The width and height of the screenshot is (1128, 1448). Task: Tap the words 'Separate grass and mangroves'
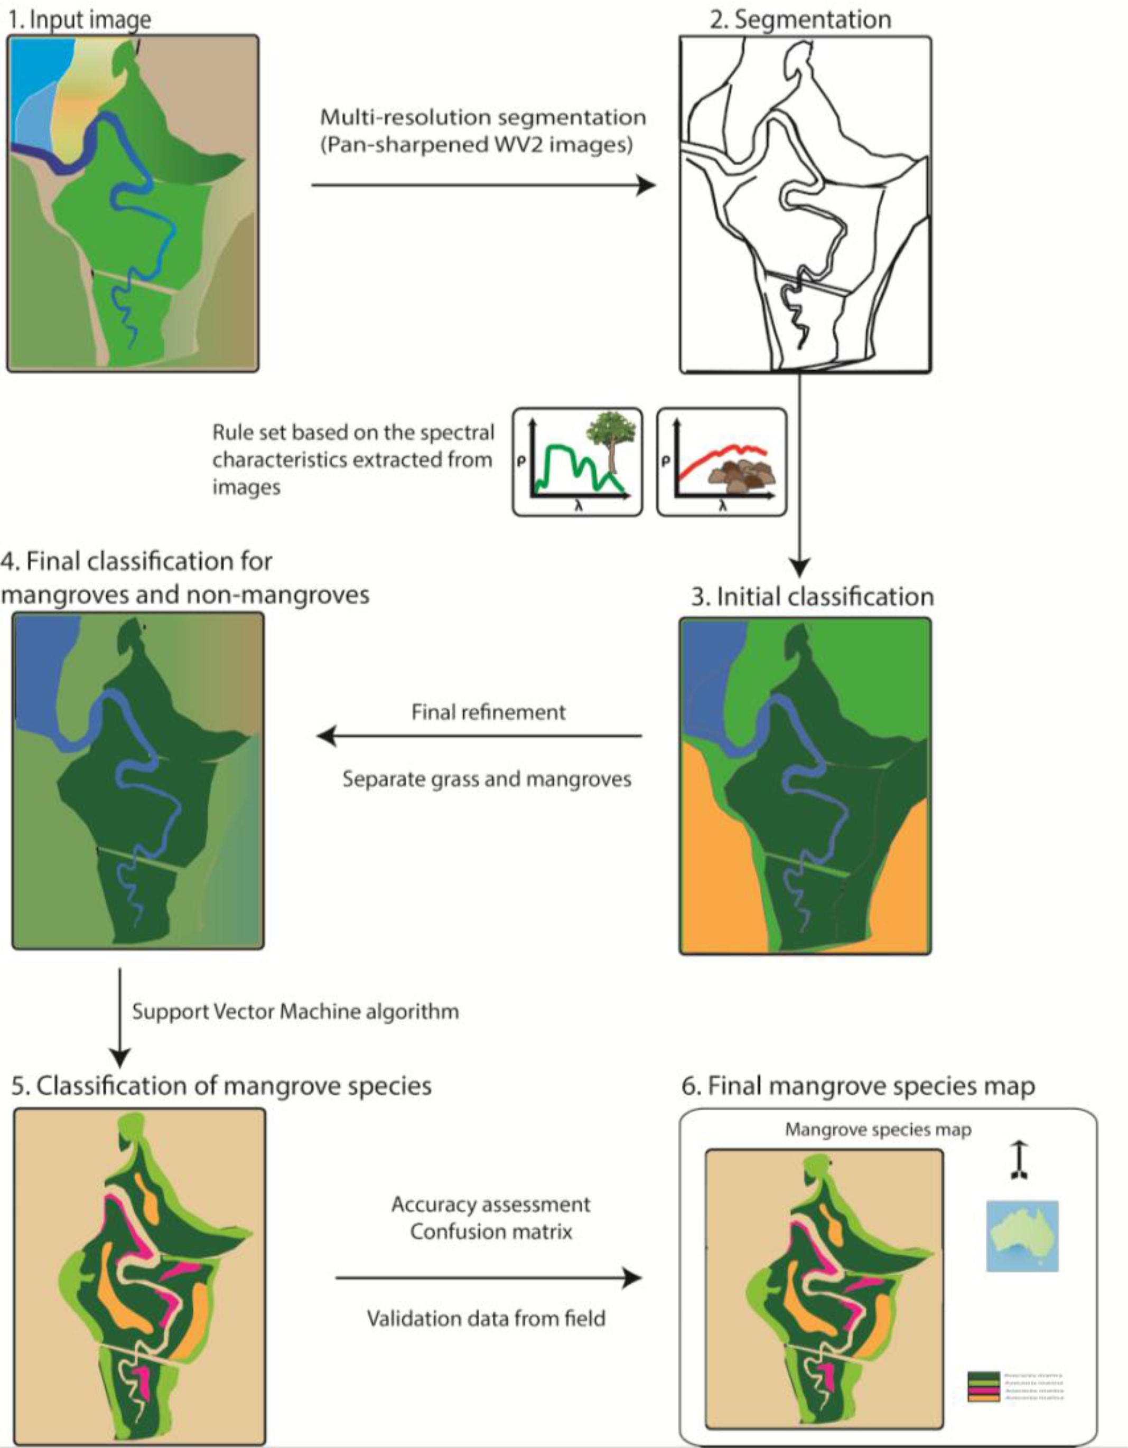487,779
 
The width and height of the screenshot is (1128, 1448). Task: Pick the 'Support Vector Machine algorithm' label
295,1012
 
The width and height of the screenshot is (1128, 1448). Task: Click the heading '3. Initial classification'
812,597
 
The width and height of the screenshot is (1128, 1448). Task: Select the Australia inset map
1021,1235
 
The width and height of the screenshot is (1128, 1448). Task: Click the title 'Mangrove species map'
878,1130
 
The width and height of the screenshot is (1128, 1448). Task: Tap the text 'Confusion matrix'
491,1232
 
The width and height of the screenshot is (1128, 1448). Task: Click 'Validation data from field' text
486,1319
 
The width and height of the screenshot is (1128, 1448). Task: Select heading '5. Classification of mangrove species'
221,1085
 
